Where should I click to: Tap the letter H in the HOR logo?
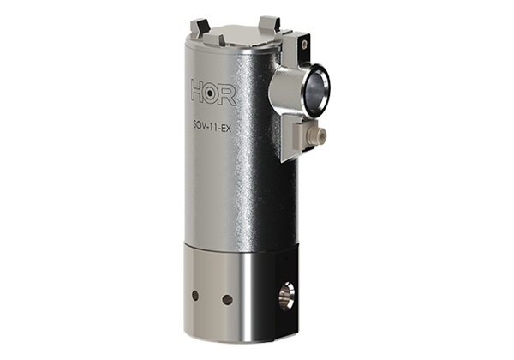coord(200,91)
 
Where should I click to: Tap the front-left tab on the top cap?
coord(222,39)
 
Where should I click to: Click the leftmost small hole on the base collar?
coord(195,294)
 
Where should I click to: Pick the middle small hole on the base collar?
coord(227,299)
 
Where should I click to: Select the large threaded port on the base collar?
coord(285,296)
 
